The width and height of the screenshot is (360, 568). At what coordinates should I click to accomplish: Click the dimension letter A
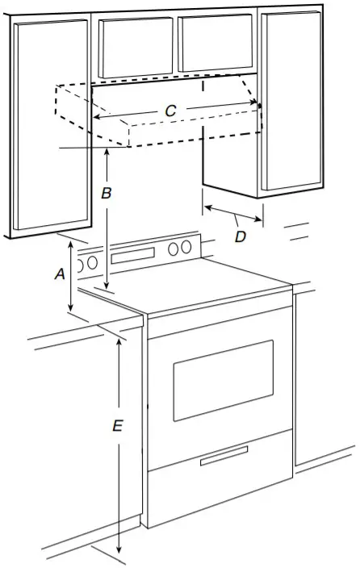[x=59, y=274]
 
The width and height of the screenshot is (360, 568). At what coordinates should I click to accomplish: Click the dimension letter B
[x=106, y=194]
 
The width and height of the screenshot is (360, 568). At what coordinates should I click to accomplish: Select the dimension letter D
[x=241, y=236]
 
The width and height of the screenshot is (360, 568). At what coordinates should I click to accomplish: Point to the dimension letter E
[x=117, y=426]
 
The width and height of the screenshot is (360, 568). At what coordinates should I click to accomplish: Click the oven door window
[x=223, y=379]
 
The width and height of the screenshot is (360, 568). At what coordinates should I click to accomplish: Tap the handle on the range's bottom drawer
[x=224, y=458]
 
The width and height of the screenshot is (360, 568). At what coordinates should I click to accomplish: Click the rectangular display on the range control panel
[x=133, y=256]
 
